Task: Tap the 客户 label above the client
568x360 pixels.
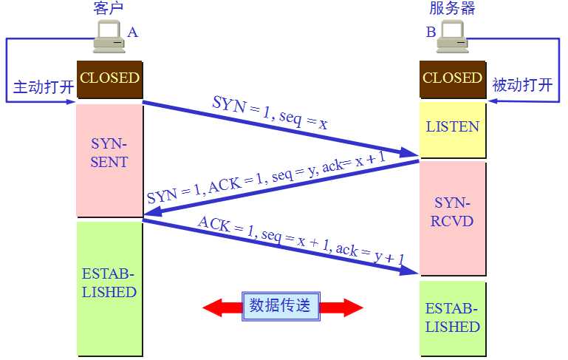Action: point(108,9)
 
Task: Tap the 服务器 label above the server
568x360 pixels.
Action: point(452,9)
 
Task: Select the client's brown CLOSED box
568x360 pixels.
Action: point(109,78)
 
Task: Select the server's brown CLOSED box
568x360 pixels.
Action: point(452,78)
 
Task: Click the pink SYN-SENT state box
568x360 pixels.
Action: point(109,152)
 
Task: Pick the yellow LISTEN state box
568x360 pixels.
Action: point(452,127)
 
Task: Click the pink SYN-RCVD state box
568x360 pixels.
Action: point(452,211)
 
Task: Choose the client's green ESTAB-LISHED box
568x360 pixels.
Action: point(109,283)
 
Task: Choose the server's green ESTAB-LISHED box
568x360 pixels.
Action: point(452,318)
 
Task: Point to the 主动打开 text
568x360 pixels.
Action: point(44,86)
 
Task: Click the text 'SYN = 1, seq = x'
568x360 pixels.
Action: point(269,114)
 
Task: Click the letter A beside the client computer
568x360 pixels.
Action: point(132,33)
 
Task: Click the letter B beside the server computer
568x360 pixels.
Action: point(431,33)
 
